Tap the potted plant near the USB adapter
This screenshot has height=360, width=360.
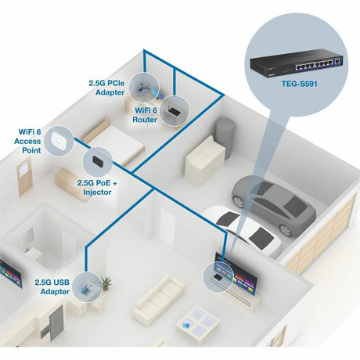pos(106,282)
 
